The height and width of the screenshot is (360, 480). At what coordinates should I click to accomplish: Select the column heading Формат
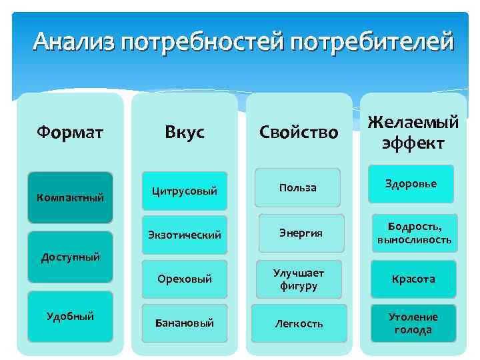[70, 132]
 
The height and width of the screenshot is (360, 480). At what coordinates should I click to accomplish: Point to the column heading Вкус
[185, 132]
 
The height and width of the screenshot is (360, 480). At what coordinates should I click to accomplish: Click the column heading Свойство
[299, 132]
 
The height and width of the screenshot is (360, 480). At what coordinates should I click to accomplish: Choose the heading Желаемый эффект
[414, 132]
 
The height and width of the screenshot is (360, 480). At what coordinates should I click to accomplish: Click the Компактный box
[71, 197]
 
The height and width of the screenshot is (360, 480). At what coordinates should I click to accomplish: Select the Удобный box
[71, 316]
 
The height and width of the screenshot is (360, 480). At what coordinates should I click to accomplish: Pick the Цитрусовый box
[185, 191]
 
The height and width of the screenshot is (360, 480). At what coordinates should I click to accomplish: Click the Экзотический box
[185, 235]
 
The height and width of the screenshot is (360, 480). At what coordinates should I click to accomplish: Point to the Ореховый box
[185, 279]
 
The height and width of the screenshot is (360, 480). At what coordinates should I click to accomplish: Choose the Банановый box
[185, 323]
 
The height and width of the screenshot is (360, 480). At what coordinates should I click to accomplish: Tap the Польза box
[298, 187]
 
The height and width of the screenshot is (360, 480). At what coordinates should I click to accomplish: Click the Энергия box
[301, 233]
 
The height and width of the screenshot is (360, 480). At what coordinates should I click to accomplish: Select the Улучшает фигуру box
[298, 279]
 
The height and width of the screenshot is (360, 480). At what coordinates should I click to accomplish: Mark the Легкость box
[299, 323]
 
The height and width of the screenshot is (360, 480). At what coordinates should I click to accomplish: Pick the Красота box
[413, 279]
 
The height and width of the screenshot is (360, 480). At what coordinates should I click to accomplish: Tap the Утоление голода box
[413, 323]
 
